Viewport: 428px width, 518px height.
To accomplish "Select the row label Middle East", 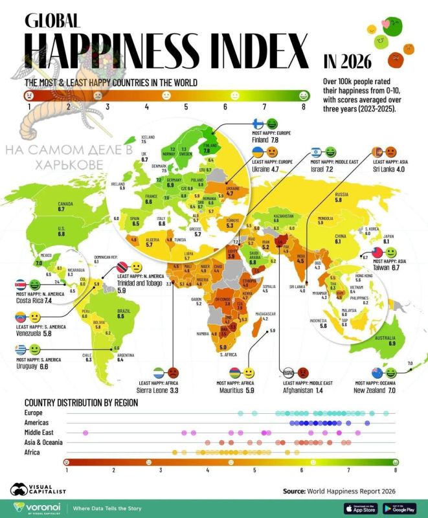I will coord(42,431).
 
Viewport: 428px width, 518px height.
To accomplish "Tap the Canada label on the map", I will coord(65,207).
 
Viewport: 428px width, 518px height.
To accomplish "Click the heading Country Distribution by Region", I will coord(82,402).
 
